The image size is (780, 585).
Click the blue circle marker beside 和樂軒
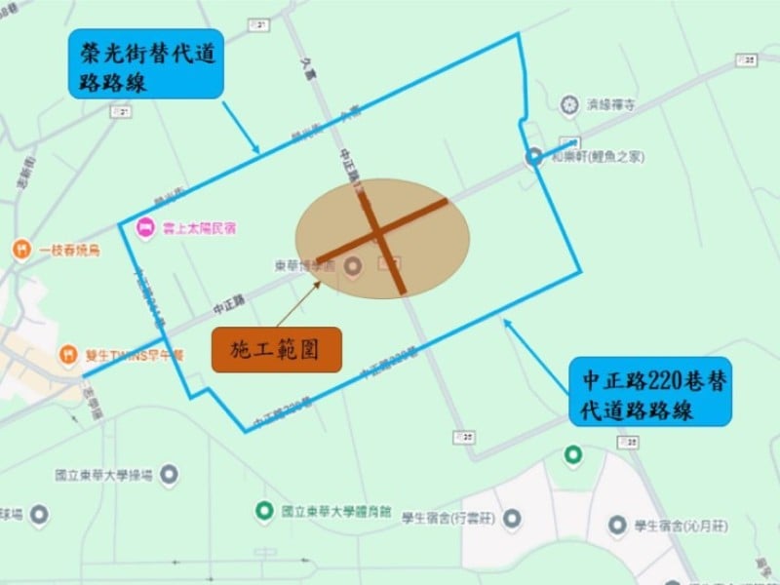point(534,156)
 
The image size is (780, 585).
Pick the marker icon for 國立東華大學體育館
point(263,510)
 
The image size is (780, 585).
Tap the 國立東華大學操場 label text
point(104,476)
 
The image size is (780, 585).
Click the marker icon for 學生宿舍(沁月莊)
point(616,526)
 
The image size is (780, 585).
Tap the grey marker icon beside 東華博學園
point(352,264)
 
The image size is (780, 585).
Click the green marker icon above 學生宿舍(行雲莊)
point(573,454)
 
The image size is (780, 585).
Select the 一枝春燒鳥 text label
point(70,250)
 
